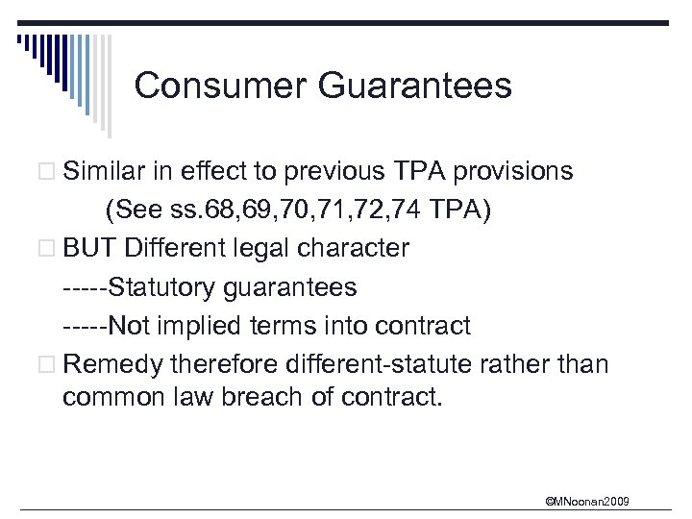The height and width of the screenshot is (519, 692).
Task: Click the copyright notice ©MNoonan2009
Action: pyautogui.click(x=587, y=501)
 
